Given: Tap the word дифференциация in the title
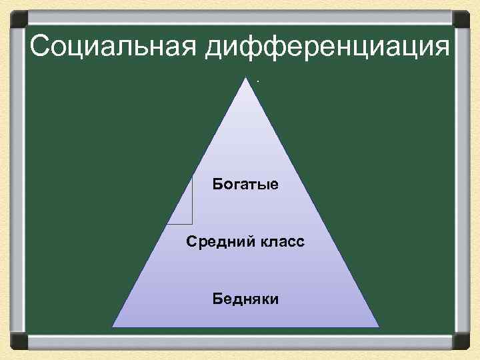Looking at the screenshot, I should (327, 47).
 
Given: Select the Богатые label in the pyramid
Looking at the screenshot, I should (245, 183).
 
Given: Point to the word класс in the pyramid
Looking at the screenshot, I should (279, 241).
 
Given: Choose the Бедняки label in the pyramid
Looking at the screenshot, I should (246, 298).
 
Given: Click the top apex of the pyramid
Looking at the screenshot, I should (246, 78).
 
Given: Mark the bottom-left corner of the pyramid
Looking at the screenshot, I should (113, 327).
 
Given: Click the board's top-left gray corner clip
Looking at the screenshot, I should (18, 19).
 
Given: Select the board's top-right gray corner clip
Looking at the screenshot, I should (461, 19).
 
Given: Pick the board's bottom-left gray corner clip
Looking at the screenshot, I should (18, 341).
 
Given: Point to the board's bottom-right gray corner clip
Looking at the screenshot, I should (461, 341).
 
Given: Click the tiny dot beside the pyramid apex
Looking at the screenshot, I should (257, 82).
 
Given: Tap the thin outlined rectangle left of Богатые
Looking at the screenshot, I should (181, 200).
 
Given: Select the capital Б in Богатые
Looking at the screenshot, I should (218, 183).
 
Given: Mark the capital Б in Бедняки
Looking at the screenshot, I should (218, 298).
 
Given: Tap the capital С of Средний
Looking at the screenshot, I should (191, 241).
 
